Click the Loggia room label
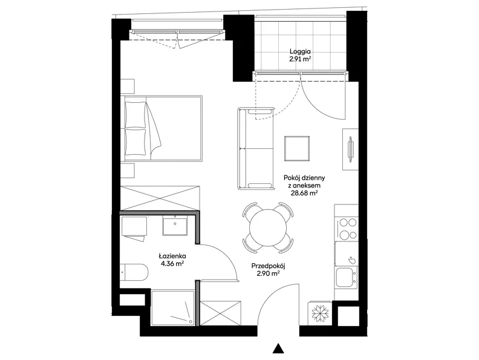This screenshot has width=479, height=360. point(300,51)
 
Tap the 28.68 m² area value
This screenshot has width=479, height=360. point(304,193)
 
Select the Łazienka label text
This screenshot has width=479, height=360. point(172,256)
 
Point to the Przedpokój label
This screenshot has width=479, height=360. point(268,266)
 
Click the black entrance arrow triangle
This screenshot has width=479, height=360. point(278,349)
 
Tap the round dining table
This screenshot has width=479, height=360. point(268,227)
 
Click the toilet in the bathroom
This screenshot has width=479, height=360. point(134,272)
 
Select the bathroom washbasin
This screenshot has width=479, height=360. point(175,226)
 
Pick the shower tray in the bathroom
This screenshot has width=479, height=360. point(172,308)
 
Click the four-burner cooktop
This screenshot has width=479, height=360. point(348,228)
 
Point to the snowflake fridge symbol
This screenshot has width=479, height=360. point(320,313)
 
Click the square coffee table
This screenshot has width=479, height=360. point(297,148)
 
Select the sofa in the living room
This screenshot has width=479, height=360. point(256,148)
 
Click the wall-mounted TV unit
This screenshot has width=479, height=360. point(350,149)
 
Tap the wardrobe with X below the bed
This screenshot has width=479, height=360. point(160,198)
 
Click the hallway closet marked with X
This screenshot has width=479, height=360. point(220,313)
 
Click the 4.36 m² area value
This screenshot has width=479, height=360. point(172,264)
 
